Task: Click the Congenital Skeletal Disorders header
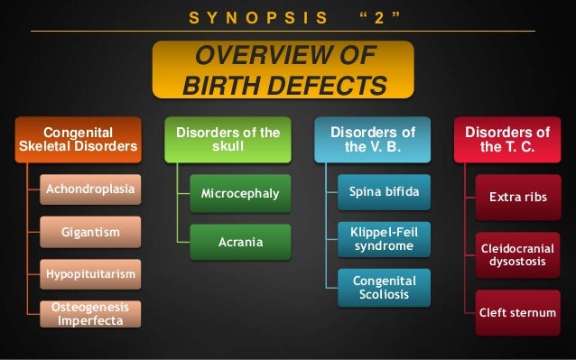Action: coord(79,140)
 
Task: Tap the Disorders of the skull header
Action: coord(228,140)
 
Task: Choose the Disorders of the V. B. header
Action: coord(372,140)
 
